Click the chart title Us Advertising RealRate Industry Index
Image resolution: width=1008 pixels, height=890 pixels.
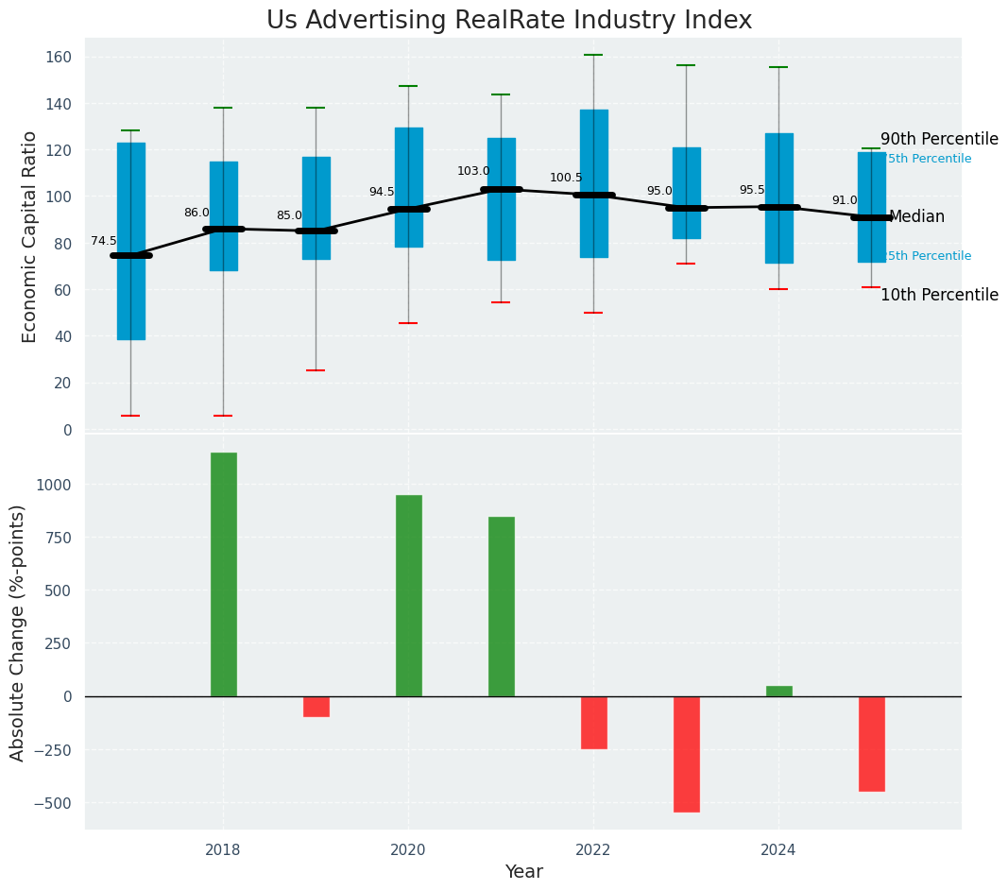coord(509,21)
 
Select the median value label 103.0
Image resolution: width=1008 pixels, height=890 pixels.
coord(473,171)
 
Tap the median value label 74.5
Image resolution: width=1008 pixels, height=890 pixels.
coord(104,241)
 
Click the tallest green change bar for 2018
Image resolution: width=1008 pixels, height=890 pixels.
coord(224,573)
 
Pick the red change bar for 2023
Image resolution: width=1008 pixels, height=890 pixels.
coord(687,753)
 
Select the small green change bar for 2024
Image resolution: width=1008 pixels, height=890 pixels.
coord(779,691)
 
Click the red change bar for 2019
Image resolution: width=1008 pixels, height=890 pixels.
coord(316,706)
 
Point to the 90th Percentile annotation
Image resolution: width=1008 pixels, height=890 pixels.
coord(938,139)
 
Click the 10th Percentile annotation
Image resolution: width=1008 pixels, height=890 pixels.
coord(938,295)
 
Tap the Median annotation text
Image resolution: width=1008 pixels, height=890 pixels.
coord(916,216)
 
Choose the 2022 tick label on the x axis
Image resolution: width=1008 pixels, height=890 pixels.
coord(593,849)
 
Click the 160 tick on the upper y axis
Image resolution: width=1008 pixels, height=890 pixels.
coord(59,58)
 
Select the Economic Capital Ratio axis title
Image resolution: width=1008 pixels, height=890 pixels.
coord(29,236)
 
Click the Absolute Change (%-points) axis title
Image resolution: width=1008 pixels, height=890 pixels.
coord(18,632)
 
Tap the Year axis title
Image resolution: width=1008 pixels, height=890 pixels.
coord(523,872)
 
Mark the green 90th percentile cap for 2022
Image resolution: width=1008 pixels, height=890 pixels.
coord(593,55)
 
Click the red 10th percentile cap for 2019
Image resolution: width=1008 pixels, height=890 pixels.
coord(316,370)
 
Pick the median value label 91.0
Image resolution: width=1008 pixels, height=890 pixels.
coord(845,200)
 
